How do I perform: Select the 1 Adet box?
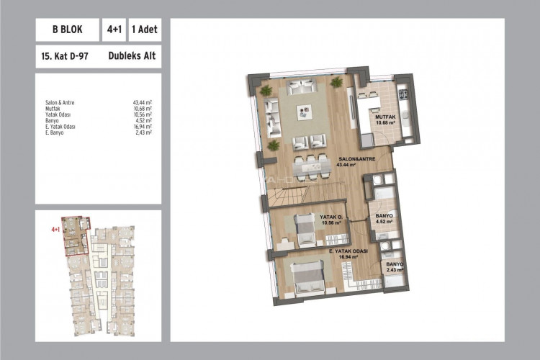145,31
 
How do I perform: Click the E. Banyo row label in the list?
55,132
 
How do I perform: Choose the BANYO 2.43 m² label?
394,267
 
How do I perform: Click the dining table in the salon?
310,165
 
